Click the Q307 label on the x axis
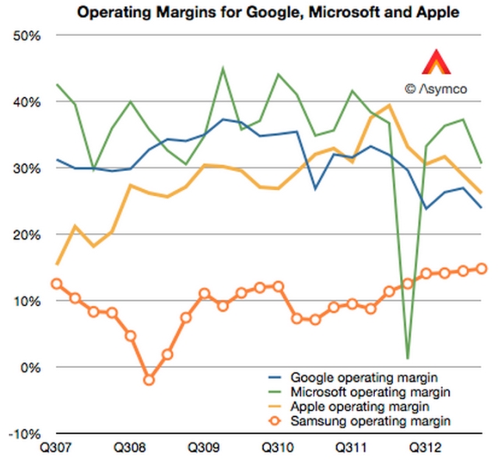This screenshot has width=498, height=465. click(55, 449)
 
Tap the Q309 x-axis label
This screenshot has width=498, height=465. click(202, 449)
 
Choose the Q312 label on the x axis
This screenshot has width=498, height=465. click(423, 449)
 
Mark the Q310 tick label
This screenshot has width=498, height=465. click(275, 449)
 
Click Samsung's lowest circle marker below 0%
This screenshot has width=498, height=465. click(149, 380)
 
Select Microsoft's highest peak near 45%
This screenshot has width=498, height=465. click(223, 68)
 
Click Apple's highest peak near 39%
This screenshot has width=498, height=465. click(389, 105)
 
